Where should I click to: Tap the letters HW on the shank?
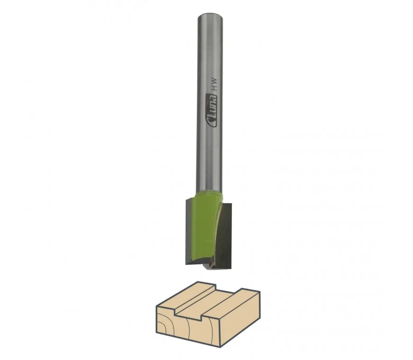click(x=214, y=85)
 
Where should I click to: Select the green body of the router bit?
click(x=205, y=227)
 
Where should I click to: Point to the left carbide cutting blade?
click(x=190, y=232)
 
